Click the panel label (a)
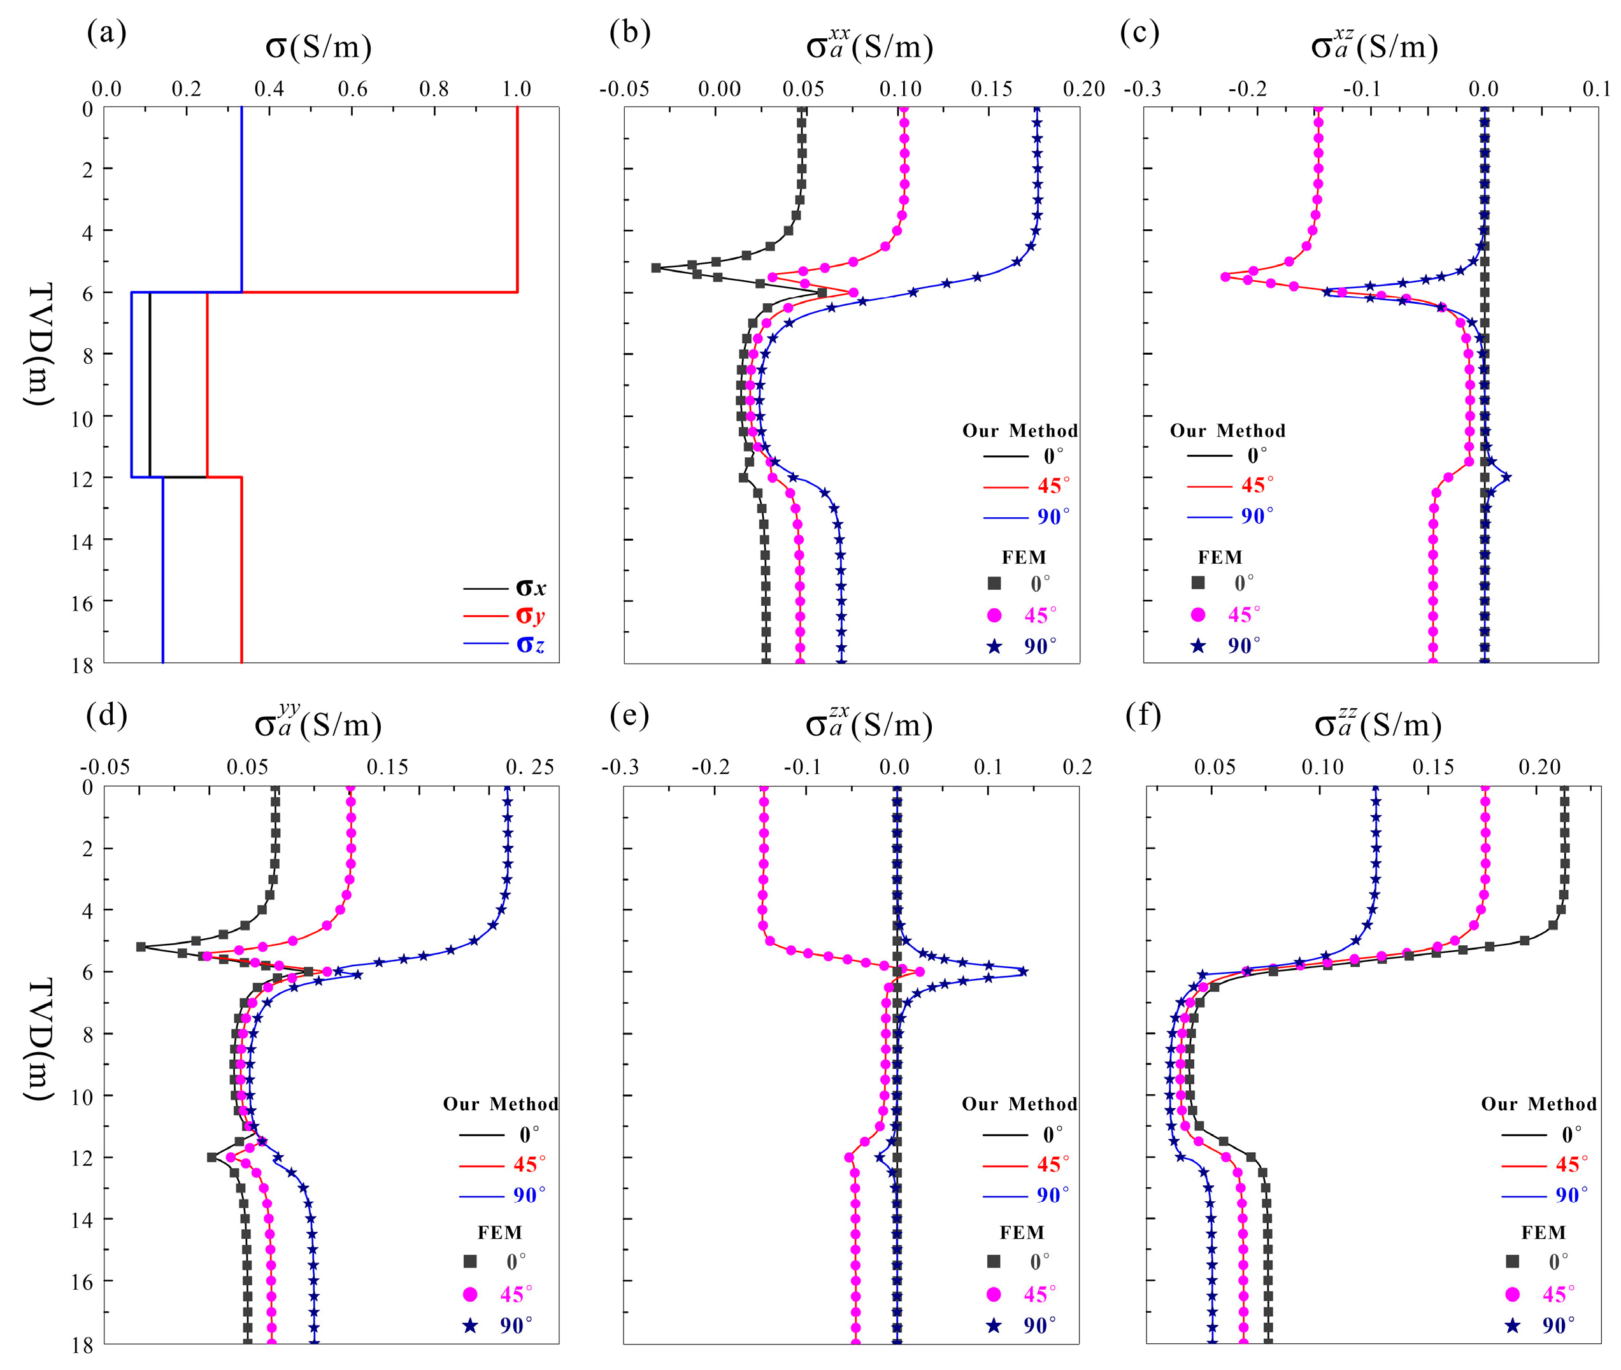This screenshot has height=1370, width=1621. click(x=106, y=32)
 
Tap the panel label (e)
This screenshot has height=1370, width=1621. click(x=629, y=715)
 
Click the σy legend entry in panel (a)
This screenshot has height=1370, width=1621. click(x=531, y=615)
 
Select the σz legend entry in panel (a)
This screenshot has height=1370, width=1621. click(x=531, y=645)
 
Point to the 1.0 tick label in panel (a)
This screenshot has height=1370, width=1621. click(x=517, y=89)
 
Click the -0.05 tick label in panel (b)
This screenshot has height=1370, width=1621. click(x=624, y=89)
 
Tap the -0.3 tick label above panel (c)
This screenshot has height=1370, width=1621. click(x=1143, y=89)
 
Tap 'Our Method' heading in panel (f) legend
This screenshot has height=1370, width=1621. click(x=1539, y=1104)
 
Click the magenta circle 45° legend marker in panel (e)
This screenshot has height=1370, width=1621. click(x=994, y=1294)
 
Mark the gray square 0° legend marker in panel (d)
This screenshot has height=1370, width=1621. click(x=470, y=1261)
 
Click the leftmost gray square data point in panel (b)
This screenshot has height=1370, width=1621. click(x=655, y=268)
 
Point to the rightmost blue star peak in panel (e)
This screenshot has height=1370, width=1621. click(x=1024, y=971)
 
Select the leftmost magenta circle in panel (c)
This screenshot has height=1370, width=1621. click(x=1225, y=276)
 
